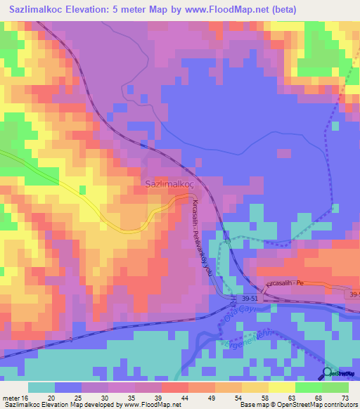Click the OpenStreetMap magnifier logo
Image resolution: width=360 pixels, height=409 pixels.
point(328,373)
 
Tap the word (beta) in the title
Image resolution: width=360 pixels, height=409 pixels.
point(281,9)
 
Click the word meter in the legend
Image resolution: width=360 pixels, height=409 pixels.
point(11,396)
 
